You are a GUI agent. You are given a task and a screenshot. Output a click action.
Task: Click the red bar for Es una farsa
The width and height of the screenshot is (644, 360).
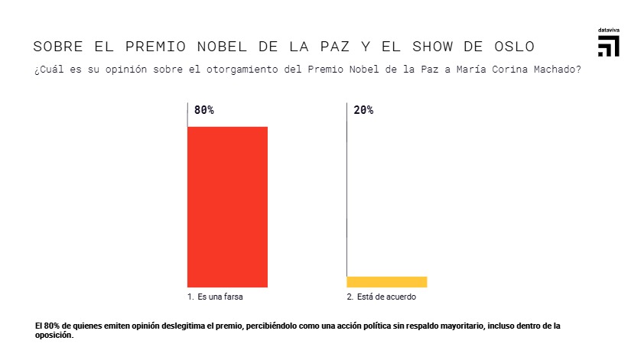point(227,206)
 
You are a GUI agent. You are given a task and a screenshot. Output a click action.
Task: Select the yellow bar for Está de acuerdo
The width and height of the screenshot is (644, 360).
point(386,282)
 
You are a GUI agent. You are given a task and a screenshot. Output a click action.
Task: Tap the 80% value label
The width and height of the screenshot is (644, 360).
point(204,110)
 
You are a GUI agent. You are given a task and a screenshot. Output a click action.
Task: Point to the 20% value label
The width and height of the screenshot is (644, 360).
point(363,110)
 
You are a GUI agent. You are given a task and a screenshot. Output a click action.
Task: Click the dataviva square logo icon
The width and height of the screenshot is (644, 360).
point(608,46)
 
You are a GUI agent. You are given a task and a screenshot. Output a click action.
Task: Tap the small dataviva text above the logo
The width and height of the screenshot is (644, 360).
point(608,31)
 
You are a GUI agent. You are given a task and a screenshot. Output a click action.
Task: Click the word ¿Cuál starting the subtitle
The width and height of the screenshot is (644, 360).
point(47,70)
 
